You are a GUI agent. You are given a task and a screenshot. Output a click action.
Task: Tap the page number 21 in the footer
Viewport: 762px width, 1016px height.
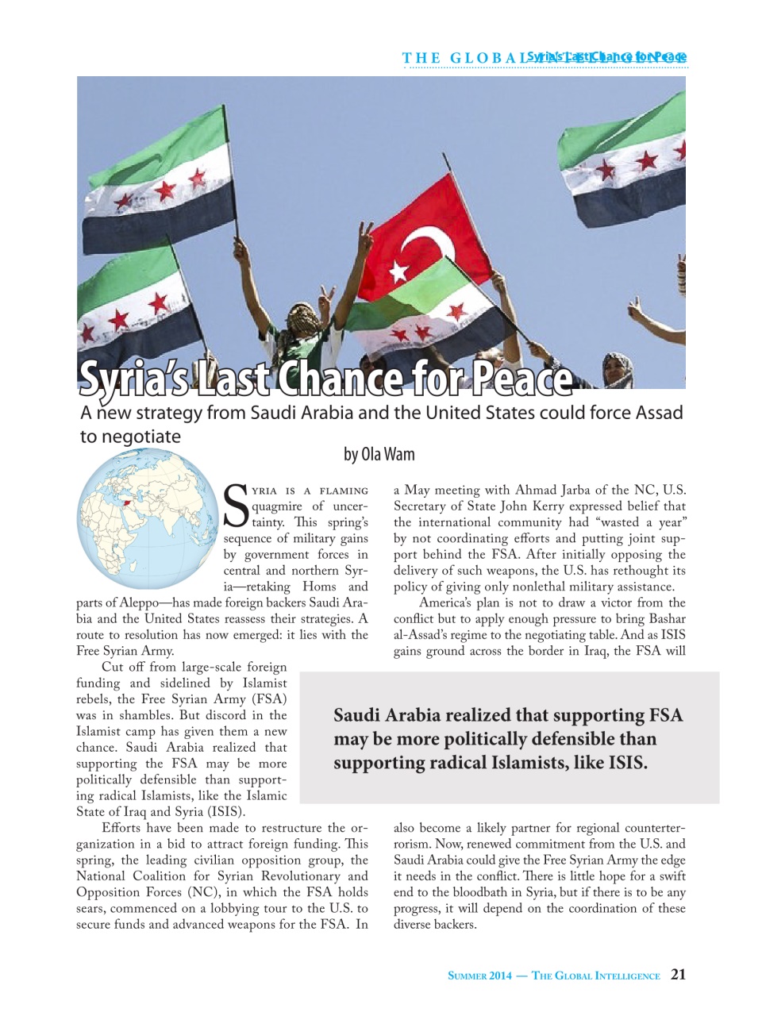pyautogui.click(x=678, y=975)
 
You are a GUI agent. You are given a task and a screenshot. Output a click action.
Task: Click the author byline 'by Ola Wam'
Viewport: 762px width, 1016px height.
pyautogui.click(x=379, y=454)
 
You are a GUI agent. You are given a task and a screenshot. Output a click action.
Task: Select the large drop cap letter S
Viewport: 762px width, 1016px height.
pyautogui.click(x=237, y=506)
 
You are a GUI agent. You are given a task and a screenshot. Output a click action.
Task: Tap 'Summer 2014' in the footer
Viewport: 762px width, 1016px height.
pyautogui.click(x=479, y=976)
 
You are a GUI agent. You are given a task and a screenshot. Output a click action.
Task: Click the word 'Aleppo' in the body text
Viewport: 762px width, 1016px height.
pyautogui.click(x=140, y=602)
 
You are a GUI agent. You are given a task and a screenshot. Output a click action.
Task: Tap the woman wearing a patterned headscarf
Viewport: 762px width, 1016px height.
pyautogui.click(x=618, y=369)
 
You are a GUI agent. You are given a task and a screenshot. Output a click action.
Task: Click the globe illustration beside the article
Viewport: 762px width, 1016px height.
pyautogui.click(x=147, y=518)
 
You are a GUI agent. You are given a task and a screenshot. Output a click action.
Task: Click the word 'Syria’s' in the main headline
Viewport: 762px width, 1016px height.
pyautogui.click(x=133, y=379)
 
